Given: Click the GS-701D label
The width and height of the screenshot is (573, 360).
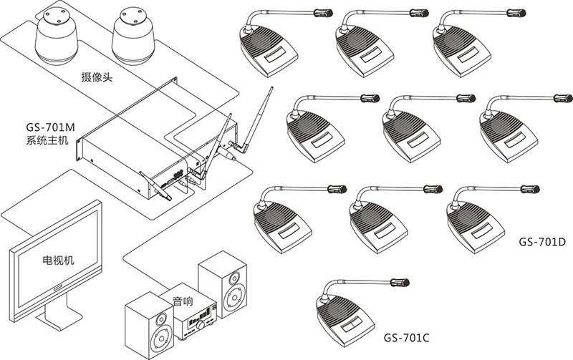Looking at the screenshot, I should tap(542, 242).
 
